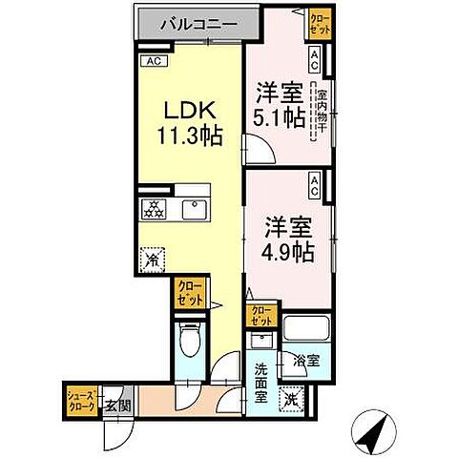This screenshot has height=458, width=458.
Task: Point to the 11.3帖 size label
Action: pyautogui.click(x=189, y=135)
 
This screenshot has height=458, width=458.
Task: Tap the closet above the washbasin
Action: pyautogui.click(x=260, y=316)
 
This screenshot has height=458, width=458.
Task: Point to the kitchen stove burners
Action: pyautogui.click(x=153, y=210)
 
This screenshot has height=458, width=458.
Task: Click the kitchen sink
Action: pyautogui.click(x=198, y=209)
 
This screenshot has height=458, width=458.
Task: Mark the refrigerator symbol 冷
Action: pyautogui.click(x=153, y=258)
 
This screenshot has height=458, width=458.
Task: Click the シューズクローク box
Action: pyautogui.click(x=79, y=399)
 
